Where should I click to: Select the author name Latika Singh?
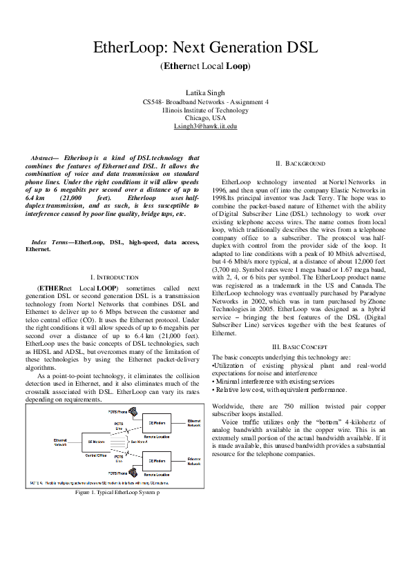pos(205,92)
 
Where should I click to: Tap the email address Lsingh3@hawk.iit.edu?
pos(205,126)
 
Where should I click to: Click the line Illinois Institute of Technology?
pos(205,110)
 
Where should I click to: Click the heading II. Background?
pos(300,164)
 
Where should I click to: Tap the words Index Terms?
pos(51,243)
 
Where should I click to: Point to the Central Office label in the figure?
pos(95,455)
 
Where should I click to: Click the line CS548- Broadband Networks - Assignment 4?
pos(205,101)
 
